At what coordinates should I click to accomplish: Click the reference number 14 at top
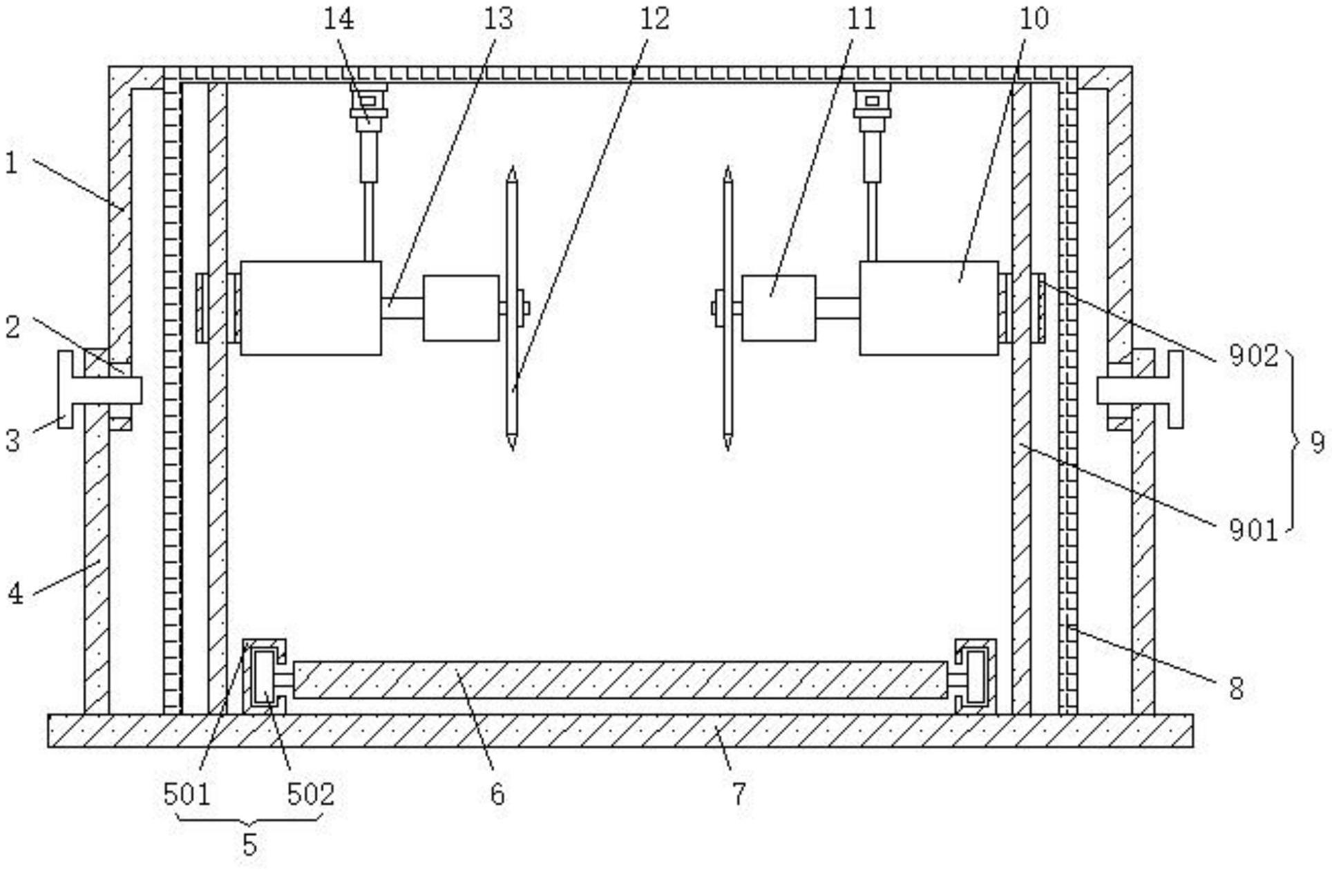pyautogui.click(x=339, y=19)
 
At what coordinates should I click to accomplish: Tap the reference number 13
pyautogui.click(x=498, y=19)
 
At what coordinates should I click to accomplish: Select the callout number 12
pyautogui.click(x=654, y=19)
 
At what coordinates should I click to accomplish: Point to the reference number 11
pyautogui.click(x=861, y=19)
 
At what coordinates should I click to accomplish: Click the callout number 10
pyautogui.click(x=1034, y=19)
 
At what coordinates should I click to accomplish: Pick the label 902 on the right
pyautogui.click(x=1254, y=355)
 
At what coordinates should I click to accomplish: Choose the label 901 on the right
pyautogui.click(x=1254, y=530)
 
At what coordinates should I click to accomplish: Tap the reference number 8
pyautogui.click(x=1236, y=688)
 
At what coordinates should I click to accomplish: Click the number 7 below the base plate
pyautogui.click(x=739, y=794)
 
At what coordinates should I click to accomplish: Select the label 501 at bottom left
pyautogui.click(x=187, y=794)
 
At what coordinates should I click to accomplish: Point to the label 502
pyautogui.click(x=311, y=794)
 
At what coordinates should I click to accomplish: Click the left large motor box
pyautogui.click(x=311, y=308)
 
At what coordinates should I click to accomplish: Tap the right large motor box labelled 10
pyautogui.click(x=929, y=308)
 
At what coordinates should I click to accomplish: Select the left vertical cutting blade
pyautogui.click(x=512, y=309)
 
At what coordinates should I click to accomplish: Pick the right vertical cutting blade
pyautogui.click(x=727, y=309)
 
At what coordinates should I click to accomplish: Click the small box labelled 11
pyautogui.click(x=779, y=308)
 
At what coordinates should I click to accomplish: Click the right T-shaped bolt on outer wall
pyautogui.click(x=1140, y=389)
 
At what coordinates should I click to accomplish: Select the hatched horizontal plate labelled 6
pyautogui.click(x=620, y=680)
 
